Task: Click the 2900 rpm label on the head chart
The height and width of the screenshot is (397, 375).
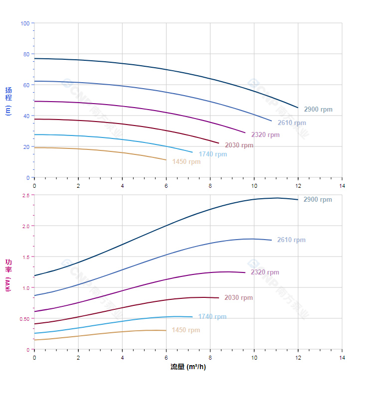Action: [318, 110]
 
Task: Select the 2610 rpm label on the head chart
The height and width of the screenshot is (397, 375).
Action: [292, 123]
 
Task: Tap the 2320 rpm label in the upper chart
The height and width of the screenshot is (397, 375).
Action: [265, 135]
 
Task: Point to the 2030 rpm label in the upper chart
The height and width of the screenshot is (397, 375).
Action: [239, 145]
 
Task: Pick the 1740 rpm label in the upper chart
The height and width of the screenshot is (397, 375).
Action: [212, 154]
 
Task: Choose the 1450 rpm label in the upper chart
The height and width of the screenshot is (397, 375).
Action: [186, 162]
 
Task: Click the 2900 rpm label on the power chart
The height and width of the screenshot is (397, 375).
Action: [317, 200]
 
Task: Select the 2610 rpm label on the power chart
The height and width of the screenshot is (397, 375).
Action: [291, 240]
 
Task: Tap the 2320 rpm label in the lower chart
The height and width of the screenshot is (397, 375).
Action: [265, 272]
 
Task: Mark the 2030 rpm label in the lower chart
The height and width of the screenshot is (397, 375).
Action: [238, 298]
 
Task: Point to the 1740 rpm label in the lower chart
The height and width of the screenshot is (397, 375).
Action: [212, 317]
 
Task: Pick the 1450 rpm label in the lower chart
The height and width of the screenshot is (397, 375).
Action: [186, 330]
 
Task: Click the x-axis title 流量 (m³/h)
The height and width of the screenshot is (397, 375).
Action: [188, 367]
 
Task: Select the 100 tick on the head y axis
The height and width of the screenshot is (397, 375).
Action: [25, 23]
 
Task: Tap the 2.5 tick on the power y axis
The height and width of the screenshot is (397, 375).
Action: [26, 195]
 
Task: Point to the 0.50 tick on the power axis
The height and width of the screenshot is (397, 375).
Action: [24, 319]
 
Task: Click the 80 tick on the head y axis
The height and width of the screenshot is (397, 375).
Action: [26, 54]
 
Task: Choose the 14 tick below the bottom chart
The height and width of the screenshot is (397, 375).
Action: [342, 358]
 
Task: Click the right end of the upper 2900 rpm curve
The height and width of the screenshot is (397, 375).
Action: [298, 108]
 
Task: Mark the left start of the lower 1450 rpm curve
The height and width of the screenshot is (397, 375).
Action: [34, 340]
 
